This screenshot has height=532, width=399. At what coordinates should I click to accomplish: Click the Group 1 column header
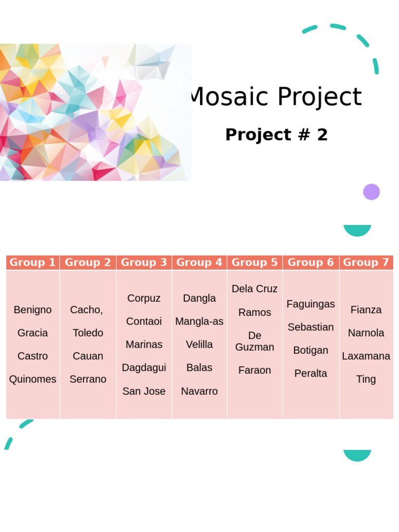coord(33,262)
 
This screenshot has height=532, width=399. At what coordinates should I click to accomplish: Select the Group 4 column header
coord(199,262)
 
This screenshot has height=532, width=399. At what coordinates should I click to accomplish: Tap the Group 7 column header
coord(366,262)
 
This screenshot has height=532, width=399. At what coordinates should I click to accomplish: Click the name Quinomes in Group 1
coord(33,379)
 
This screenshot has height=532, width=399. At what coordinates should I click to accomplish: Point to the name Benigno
coord(33,310)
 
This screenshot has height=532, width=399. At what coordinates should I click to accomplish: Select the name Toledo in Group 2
coord(88,333)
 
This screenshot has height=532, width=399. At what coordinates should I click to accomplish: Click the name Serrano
coord(88,379)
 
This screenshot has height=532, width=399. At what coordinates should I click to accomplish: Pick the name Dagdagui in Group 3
coord(144,368)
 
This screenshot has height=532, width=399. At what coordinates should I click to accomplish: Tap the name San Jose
coord(144,391)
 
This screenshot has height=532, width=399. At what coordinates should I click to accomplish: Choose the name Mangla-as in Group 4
coord(199,322)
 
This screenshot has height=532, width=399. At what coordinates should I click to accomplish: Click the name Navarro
coord(199,391)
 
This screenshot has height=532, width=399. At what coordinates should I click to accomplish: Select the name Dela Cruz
coord(255,289)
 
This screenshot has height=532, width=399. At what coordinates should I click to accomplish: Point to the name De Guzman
coord(255,341)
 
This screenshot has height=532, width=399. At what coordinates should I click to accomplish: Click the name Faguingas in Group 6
coord(311,304)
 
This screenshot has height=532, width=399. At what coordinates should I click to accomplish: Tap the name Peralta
coord(311,374)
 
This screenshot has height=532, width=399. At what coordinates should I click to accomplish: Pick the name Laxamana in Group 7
coord(366,356)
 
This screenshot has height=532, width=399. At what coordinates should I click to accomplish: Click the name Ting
coord(366,379)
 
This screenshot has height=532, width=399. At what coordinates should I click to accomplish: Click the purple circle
coord(371,192)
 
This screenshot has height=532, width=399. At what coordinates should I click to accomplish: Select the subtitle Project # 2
coord(276,135)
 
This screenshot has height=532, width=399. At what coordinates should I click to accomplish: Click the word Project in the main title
coord(319,97)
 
